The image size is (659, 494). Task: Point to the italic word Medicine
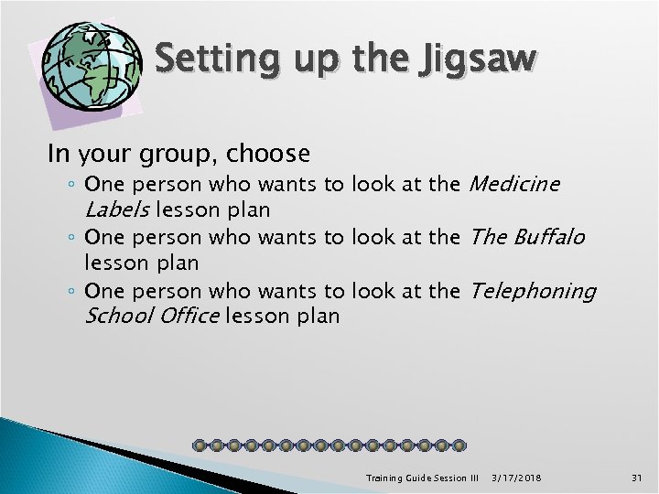tap(513, 184)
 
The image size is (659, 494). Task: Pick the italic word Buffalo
tap(546, 237)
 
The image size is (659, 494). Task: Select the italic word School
tap(116, 316)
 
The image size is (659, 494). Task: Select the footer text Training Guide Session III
tap(422, 477)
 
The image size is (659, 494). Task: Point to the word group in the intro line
tap(173, 152)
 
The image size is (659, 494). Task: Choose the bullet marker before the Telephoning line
tap(72, 292)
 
